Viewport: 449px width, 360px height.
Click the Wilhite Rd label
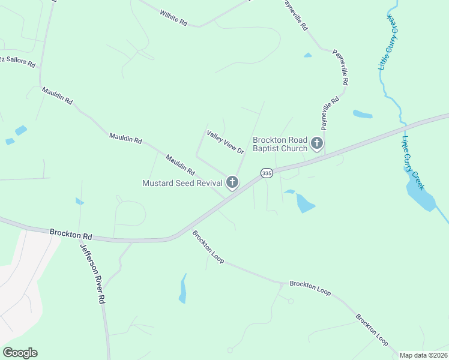(173, 18)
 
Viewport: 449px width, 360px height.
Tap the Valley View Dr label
(225, 142)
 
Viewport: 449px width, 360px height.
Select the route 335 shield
(267, 173)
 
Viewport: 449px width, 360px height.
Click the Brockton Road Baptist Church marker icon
(317, 144)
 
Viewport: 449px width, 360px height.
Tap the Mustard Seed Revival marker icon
(232, 182)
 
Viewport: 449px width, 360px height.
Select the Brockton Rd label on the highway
(71, 233)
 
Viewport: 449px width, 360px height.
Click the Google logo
(20, 353)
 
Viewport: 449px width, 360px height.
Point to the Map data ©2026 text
(423, 355)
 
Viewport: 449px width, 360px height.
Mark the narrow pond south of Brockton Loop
(182, 289)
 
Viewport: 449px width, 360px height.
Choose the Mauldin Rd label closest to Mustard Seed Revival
(180, 164)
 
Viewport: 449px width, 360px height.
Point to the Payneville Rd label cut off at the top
(295, 15)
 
